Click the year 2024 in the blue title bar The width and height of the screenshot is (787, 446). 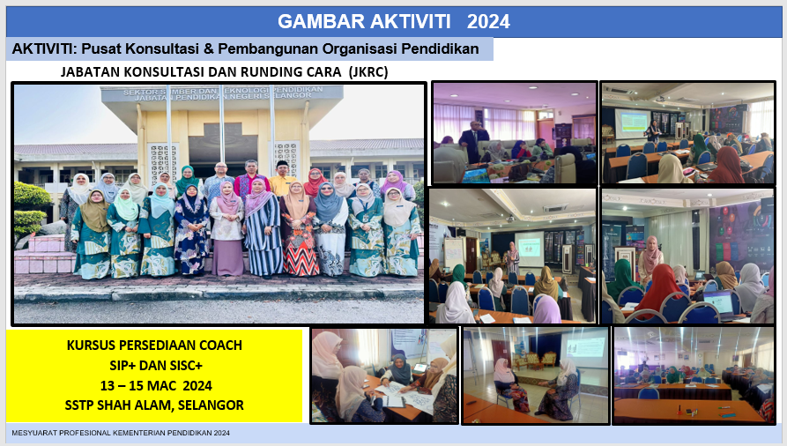click(488, 22)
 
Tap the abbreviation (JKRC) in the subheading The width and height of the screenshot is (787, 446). click(369, 72)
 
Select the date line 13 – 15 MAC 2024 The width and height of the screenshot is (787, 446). click(156, 386)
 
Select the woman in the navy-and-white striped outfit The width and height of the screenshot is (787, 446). click(263, 228)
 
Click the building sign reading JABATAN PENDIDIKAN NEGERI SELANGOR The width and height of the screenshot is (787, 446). click(222, 96)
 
